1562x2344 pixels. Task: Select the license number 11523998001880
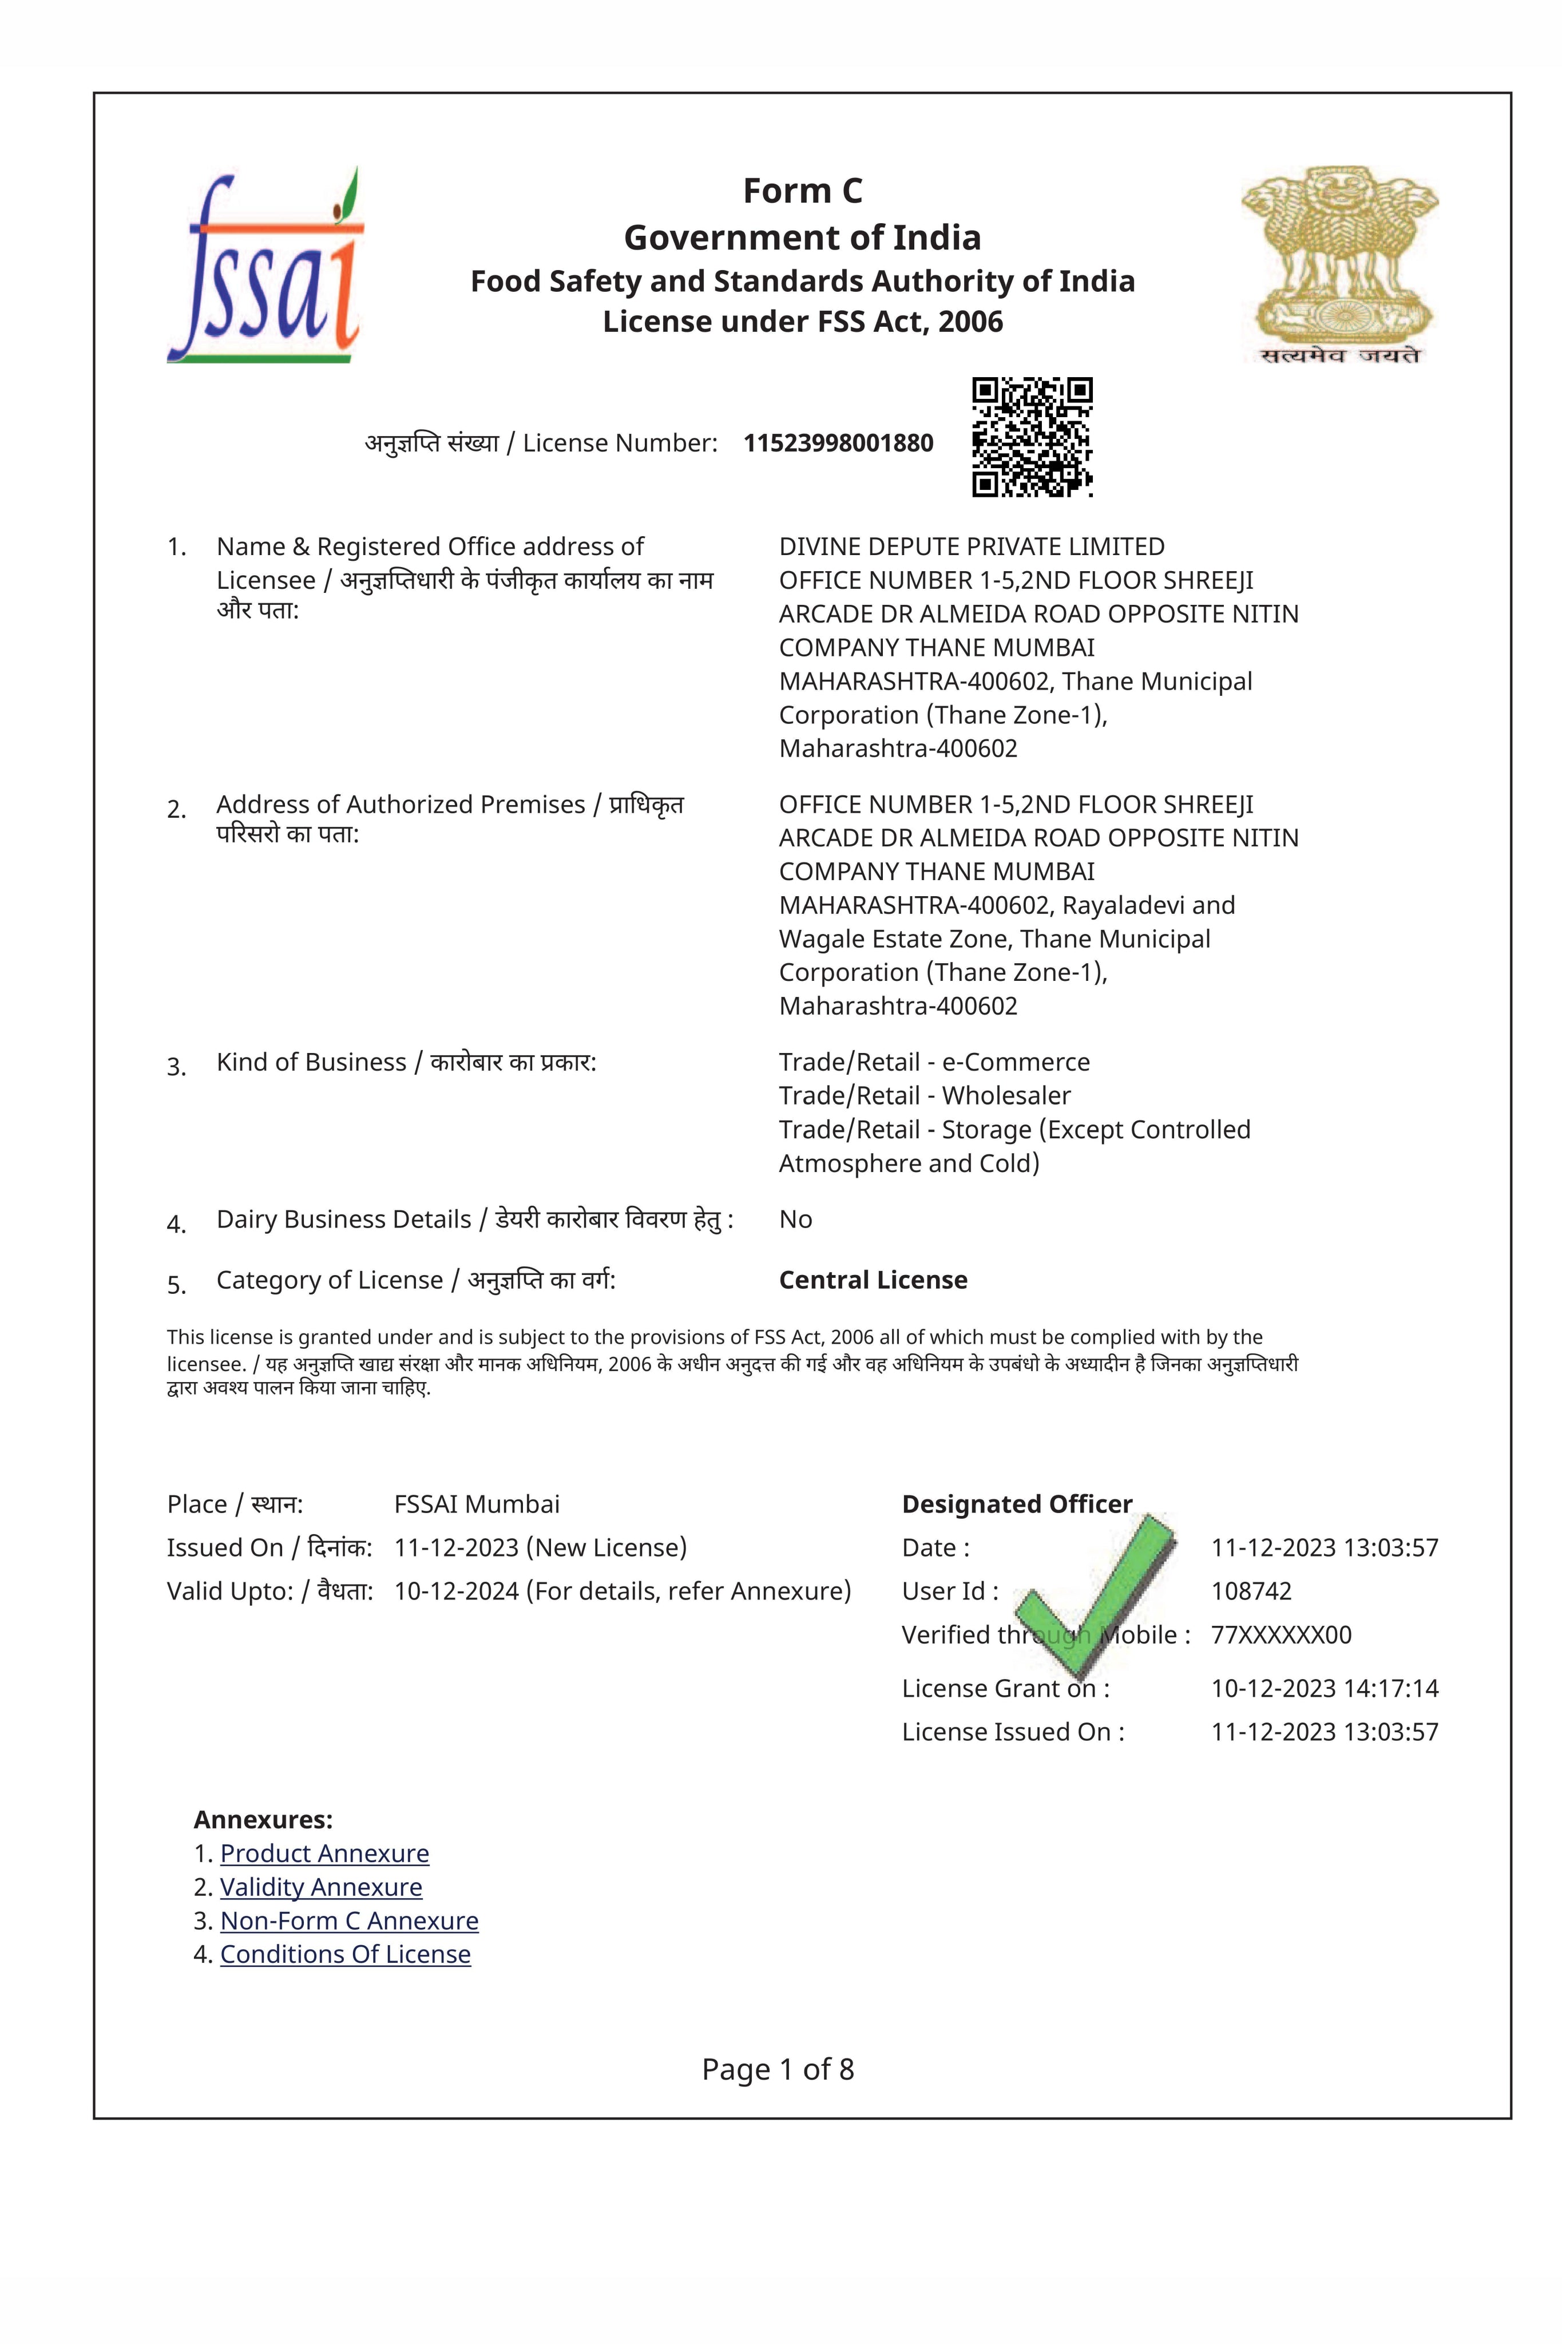(838, 444)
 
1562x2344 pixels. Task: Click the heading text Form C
(802, 190)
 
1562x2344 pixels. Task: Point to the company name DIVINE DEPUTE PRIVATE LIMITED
(972, 547)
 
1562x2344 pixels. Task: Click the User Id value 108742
(1251, 1591)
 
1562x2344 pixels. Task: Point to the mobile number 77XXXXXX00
(1281, 1635)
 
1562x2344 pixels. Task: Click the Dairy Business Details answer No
(795, 1219)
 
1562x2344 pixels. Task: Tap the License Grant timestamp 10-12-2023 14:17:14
(1324, 1689)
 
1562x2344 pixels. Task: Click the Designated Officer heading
(1016, 1504)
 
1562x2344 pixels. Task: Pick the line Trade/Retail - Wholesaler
(925, 1096)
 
